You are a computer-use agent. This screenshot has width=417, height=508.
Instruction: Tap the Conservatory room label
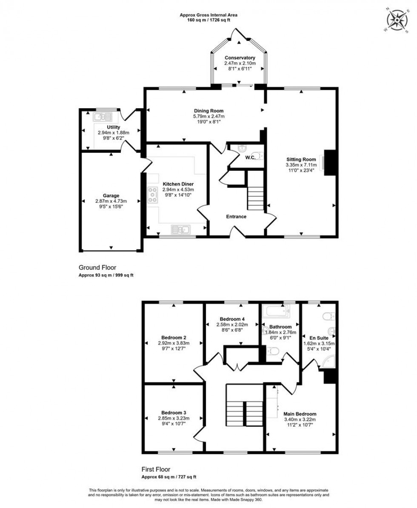(240, 58)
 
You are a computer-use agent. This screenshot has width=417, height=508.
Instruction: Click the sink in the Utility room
(103, 116)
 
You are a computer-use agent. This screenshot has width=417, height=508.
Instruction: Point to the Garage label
(111, 196)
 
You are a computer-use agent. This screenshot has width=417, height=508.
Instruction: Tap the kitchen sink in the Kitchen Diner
(181, 230)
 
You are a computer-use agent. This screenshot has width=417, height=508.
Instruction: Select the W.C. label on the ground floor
(250, 158)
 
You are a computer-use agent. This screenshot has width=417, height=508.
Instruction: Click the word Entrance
(236, 217)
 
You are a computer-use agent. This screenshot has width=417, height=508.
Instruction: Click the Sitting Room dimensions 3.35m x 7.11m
(301, 165)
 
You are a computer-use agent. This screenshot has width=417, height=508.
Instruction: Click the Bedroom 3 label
(174, 413)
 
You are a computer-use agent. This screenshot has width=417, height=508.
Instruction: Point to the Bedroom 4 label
(232, 319)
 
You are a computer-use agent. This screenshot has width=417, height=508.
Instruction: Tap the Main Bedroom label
(300, 414)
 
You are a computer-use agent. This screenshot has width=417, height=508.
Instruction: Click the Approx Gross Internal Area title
(208, 15)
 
